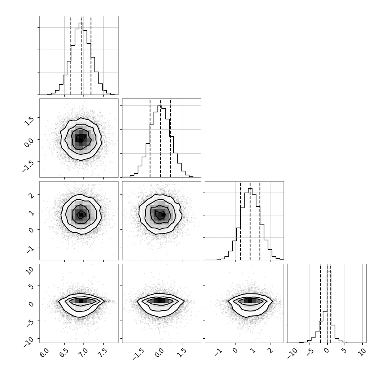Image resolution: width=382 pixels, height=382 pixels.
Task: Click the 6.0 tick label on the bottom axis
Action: tap(44, 352)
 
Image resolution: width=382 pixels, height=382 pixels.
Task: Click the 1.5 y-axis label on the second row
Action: tap(29, 121)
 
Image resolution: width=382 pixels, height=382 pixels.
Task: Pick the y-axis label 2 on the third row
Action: tap(32, 195)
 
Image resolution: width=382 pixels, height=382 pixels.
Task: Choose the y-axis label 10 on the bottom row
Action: tap(30, 270)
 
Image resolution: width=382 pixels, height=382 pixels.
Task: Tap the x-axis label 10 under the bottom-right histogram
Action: tap(362, 352)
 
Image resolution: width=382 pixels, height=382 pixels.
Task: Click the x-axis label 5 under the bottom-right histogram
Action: tap(344, 350)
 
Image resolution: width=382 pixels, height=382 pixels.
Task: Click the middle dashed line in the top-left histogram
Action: tap(81, 55)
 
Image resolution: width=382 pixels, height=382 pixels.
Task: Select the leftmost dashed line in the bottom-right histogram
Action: tap(321, 303)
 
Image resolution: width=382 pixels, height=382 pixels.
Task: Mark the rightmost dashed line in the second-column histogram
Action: tap(171, 138)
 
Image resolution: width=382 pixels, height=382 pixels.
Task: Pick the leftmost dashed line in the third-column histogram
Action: tap(241, 221)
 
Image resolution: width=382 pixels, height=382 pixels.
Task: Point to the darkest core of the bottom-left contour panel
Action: tap(81, 301)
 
